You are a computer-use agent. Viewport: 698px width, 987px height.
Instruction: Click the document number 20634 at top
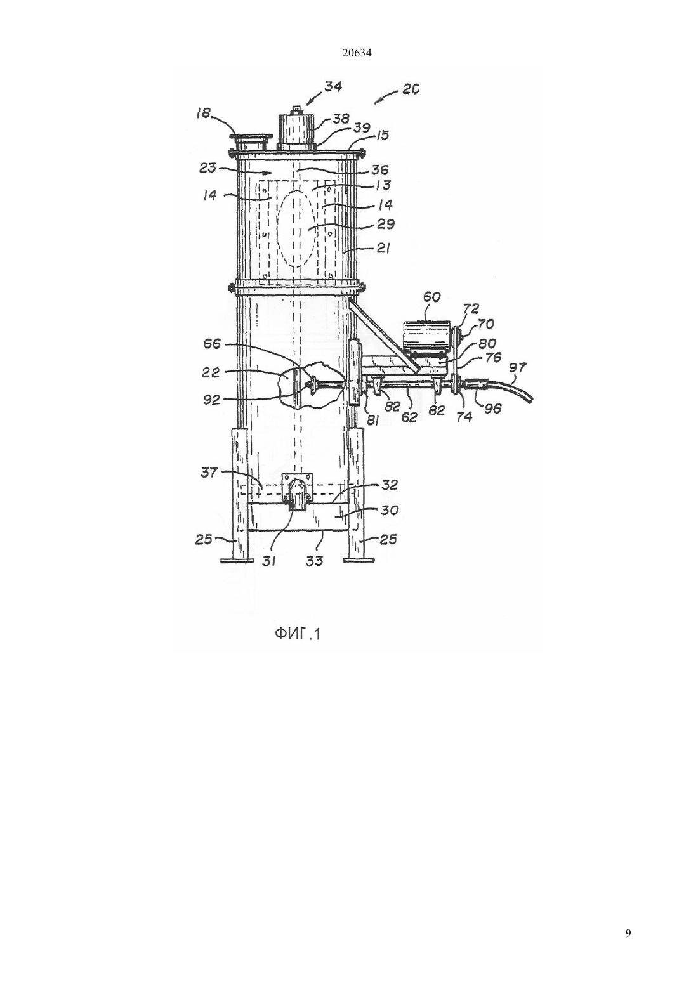click(x=357, y=53)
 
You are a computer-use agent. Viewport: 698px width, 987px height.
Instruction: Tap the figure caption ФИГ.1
click(x=298, y=634)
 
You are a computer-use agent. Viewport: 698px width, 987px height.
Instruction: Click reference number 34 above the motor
click(x=333, y=86)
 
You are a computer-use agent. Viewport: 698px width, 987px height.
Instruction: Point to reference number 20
click(x=411, y=89)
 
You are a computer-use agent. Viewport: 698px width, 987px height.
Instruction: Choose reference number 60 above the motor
click(x=431, y=297)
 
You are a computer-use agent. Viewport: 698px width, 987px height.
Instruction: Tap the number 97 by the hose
click(x=518, y=368)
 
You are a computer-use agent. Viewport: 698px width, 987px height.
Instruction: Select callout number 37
click(x=209, y=473)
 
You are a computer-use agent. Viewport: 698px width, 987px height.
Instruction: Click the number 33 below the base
click(x=314, y=561)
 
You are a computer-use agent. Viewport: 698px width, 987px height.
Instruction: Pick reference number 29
click(x=386, y=224)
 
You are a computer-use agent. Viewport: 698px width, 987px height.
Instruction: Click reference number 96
click(x=492, y=409)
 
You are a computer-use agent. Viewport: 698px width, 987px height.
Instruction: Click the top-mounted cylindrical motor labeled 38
click(x=296, y=131)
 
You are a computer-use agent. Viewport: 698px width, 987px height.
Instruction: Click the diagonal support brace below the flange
click(x=381, y=334)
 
